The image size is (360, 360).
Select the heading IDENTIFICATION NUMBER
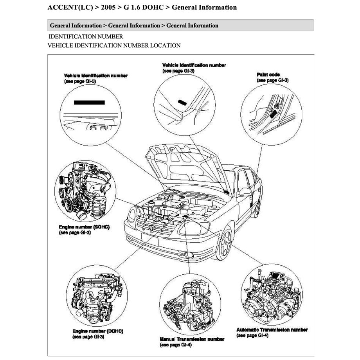point(86,36)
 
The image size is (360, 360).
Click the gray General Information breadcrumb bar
point(180,25)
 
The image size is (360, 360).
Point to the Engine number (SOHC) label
point(84,227)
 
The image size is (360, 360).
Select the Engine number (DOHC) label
point(98,331)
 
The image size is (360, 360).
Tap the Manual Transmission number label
point(192,339)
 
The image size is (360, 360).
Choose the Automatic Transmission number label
point(272,330)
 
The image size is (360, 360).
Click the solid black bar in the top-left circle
point(89,103)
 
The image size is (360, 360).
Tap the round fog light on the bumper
point(189,256)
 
